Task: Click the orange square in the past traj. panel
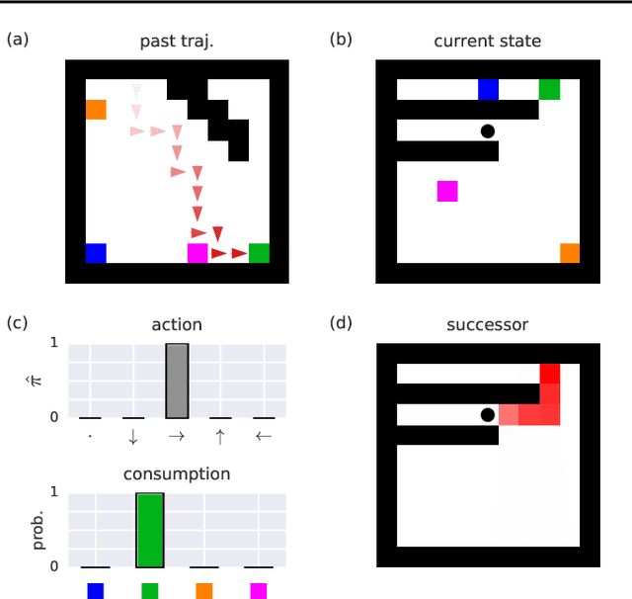pyautogui.click(x=96, y=109)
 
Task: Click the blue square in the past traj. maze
pyautogui.click(x=96, y=253)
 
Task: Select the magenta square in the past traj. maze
pyautogui.click(x=197, y=253)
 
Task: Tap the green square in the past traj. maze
pyautogui.click(x=259, y=253)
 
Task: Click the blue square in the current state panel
pyautogui.click(x=488, y=90)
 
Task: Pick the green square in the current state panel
pyautogui.click(x=549, y=90)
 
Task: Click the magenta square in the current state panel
pyautogui.click(x=447, y=191)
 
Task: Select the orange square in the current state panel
pyautogui.click(x=570, y=253)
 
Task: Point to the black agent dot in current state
pyautogui.click(x=487, y=130)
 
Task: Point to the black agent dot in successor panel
pyautogui.click(x=487, y=414)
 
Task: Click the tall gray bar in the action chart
pyautogui.click(x=177, y=381)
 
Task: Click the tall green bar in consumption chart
pyautogui.click(x=149, y=529)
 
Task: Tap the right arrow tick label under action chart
pyautogui.click(x=177, y=436)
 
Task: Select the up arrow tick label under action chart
pyautogui.click(x=218, y=436)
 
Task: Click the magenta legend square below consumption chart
pyautogui.click(x=259, y=590)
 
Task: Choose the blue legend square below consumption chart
pyautogui.click(x=96, y=590)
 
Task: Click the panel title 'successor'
pyautogui.click(x=487, y=323)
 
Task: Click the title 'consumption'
pyautogui.click(x=177, y=473)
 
